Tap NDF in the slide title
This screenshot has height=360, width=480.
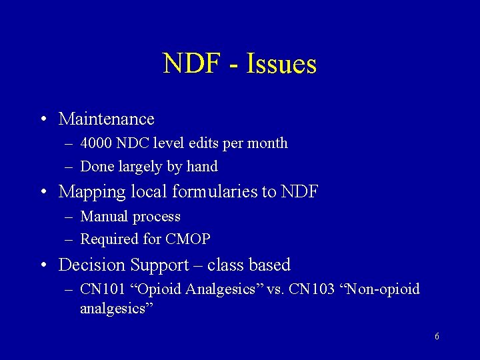pyautogui.click(x=191, y=64)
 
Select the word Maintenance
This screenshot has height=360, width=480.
pyautogui.click(x=107, y=119)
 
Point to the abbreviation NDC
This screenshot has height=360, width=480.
pyautogui.click(x=132, y=143)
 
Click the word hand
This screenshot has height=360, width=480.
pyautogui.click(x=203, y=167)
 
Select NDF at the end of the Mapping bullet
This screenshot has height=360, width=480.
pyautogui.click(x=299, y=192)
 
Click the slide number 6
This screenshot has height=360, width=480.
pyautogui.click(x=437, y=337)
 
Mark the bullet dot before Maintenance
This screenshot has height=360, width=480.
pyautogui.click(x=42, y=119)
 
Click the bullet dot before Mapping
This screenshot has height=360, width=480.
pyautogui.click(x=42, y=192)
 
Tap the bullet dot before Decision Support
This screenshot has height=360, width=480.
pyautogui.click(x=42, y=265)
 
